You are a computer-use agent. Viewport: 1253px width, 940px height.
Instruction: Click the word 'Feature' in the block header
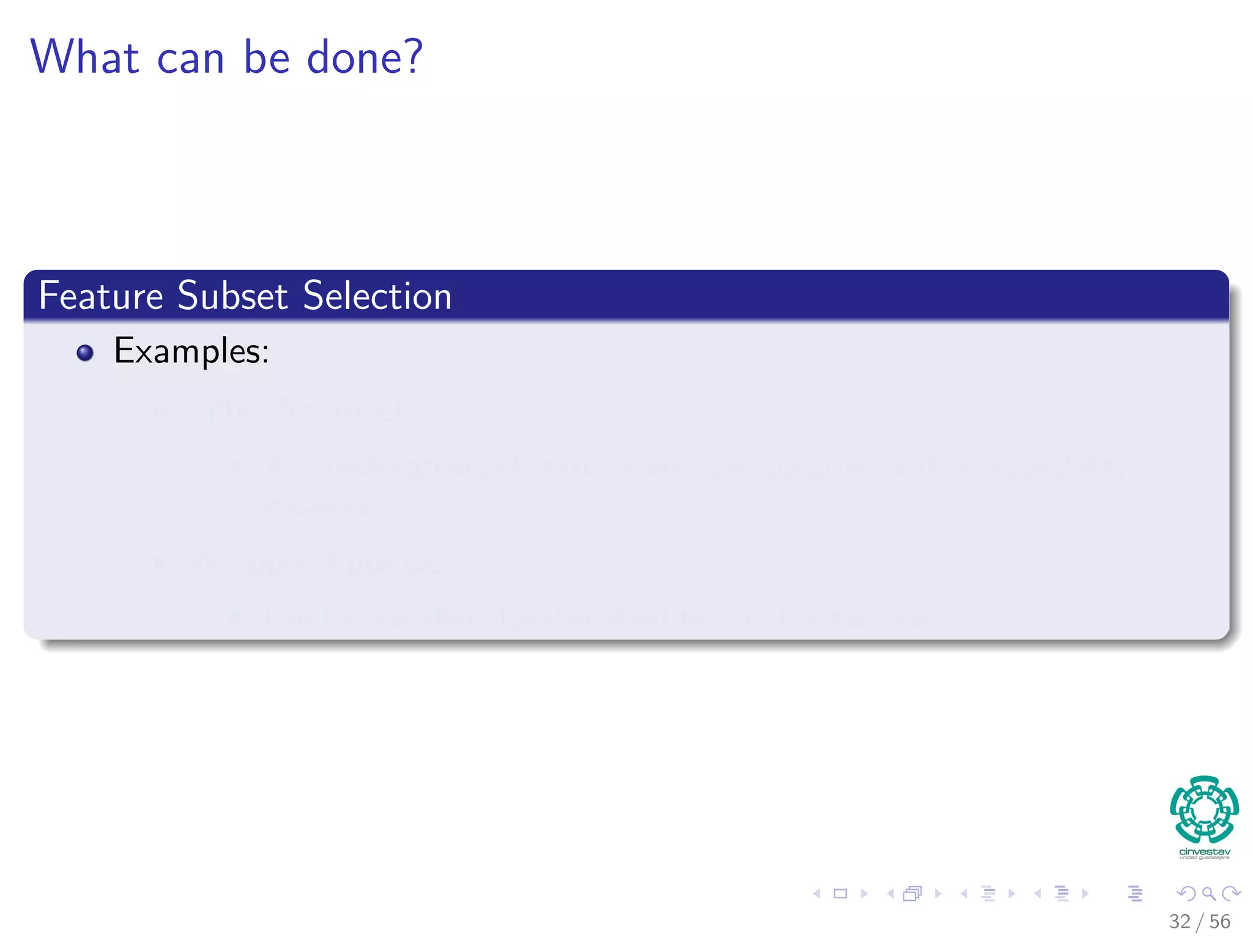pyautogui.click(x=101, y=296)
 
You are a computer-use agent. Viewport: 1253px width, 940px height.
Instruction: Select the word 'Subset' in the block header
pyautogui.click(x=232, y=296)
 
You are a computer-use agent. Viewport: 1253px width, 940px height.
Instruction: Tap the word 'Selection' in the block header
pyautogui.click(x=377, y=296)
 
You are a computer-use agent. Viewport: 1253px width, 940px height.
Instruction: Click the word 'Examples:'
pyautogui.click(x=191, y=351)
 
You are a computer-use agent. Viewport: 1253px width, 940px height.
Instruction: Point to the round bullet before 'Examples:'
pyautogui.click(x=85, y=353)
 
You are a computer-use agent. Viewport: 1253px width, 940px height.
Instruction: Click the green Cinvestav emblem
pyautogui.click(x=1204, y=809)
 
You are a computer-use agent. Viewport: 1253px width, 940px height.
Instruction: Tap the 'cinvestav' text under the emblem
pyautogui.click(x=1204, y=851)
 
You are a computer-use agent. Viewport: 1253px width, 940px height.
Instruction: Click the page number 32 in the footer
pyautogui.click(x=1180, y=922)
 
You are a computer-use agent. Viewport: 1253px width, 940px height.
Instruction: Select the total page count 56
pyautogui.click(x=1219, y=922)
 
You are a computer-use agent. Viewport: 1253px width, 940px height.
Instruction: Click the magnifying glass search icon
pyautogui.click(x=1208, y=893)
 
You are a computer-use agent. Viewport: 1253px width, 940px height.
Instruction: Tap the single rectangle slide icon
pyautogui.click(x=841, y=893)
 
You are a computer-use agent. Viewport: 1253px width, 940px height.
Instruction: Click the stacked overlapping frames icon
pyautogui.click(x=912, y=893)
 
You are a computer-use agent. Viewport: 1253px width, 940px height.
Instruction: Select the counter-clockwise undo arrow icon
pyautogui.click(x=1186, y=893)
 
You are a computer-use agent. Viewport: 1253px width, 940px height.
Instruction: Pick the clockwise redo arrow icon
pyautogui.click(x=1230, y=893)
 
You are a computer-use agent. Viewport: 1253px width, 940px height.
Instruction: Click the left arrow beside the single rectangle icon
pyautogui.click(x=817, y=893)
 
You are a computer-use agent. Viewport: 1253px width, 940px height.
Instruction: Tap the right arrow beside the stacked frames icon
pyautogui.click(x=938, y=893)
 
